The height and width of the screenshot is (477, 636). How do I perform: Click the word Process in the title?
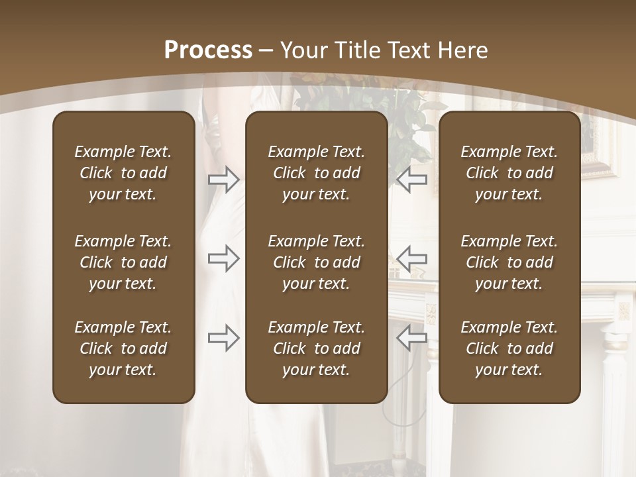[208, 50]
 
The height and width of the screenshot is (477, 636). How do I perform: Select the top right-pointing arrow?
[223, 180]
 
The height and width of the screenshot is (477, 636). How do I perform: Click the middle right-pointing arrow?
[223, 258]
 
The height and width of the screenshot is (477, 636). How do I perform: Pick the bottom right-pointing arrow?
[223, 338]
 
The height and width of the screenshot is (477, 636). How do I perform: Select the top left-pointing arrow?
[412, 180]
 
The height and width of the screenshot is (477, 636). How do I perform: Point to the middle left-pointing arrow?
[412, 258]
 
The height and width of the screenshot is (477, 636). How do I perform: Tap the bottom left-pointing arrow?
[412, 338]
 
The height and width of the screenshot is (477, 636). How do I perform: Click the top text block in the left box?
[123, 173]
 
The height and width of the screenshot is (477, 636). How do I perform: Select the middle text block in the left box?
[123, 262]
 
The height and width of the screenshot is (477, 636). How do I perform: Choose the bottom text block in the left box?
[123, 348]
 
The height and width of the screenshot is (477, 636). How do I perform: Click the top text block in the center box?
[316, 173]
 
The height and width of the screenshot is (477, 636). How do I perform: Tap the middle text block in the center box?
[316, 262]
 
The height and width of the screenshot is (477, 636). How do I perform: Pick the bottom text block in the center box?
[316, 348]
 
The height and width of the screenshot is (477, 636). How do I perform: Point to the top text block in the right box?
[509, 173]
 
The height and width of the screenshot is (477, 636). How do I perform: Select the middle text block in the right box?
[509, 262]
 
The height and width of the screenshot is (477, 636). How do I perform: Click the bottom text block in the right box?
[509, 348]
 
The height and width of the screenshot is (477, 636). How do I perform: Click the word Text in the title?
[407, 50]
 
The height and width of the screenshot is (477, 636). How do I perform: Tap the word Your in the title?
[303, 50]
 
